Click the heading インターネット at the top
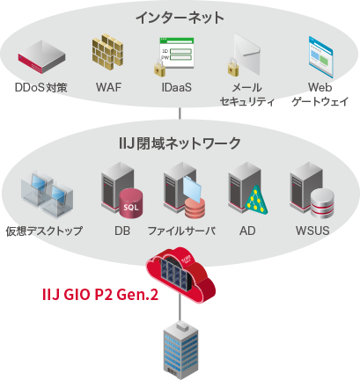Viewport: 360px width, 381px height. tap(180, 17)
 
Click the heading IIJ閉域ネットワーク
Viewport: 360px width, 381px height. tap(180, 143)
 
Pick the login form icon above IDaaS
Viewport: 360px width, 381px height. tap(173, 55)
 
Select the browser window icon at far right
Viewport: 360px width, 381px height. tap(325, 55)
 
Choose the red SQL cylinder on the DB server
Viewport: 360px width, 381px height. tap(131, 207)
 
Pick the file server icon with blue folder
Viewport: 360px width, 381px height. tap(184, 194)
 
